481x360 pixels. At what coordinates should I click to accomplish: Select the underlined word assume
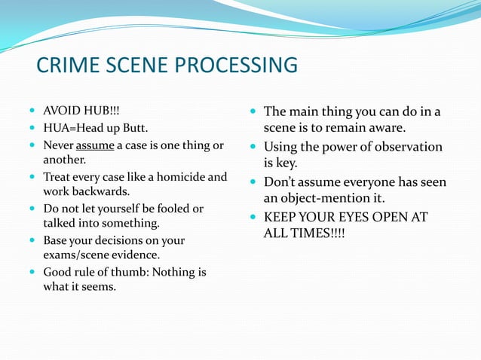pos(95,145)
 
